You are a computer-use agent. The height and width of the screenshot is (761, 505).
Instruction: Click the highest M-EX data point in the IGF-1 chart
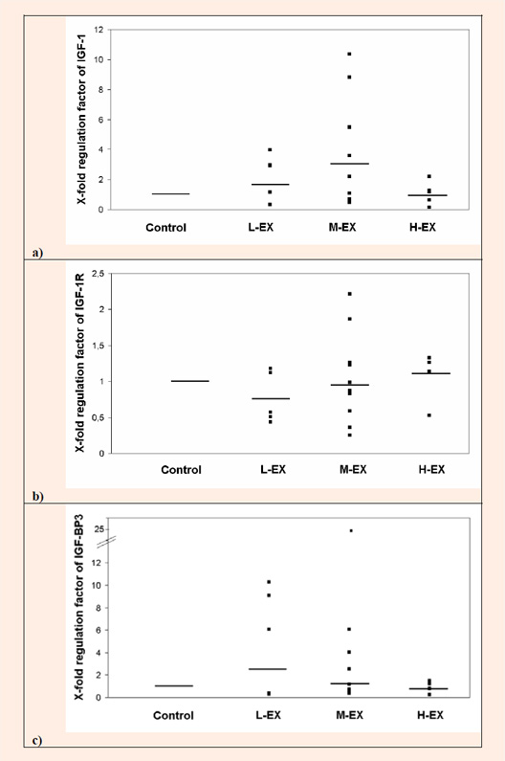coord(349,54)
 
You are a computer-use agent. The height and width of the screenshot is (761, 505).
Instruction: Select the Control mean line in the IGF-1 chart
coord(171,193)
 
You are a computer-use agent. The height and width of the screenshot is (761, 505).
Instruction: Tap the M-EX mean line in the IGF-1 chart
coord(350,164)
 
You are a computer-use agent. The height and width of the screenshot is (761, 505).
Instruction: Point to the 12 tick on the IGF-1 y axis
coord(99,30)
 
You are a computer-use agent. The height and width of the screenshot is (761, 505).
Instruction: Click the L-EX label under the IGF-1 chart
coord(261,227)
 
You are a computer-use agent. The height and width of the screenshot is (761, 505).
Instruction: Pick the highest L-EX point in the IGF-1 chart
coord(271,149)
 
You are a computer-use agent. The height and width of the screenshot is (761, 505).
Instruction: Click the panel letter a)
coord(38,253)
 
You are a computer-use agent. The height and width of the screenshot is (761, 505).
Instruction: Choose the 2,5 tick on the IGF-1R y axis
coord(99,274)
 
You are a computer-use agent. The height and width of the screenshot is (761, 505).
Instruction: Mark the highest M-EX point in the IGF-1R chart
coord(350,294)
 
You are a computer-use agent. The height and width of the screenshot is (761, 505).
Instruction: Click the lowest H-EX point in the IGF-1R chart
coord(429,415)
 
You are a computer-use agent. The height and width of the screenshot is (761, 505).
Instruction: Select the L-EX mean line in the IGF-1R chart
coord(271,398)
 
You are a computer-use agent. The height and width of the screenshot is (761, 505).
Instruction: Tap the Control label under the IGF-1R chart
coord(181,470)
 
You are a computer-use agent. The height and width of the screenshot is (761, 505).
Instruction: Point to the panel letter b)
coord(38,496)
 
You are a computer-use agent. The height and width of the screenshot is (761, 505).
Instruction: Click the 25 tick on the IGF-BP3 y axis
coord(99,529)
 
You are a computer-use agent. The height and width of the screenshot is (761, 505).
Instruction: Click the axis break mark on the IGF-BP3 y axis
coord(106,543)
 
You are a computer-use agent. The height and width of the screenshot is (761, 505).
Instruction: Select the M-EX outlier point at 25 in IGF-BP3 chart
coord(351,531)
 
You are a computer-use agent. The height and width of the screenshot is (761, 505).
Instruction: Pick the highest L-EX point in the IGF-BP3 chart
coord(269,582)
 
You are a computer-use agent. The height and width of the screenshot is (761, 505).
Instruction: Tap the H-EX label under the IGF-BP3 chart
coord(430,715)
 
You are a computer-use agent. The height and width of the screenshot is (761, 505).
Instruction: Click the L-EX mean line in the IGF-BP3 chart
coord(268,669)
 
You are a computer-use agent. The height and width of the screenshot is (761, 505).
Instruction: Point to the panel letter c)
coord(37,741)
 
